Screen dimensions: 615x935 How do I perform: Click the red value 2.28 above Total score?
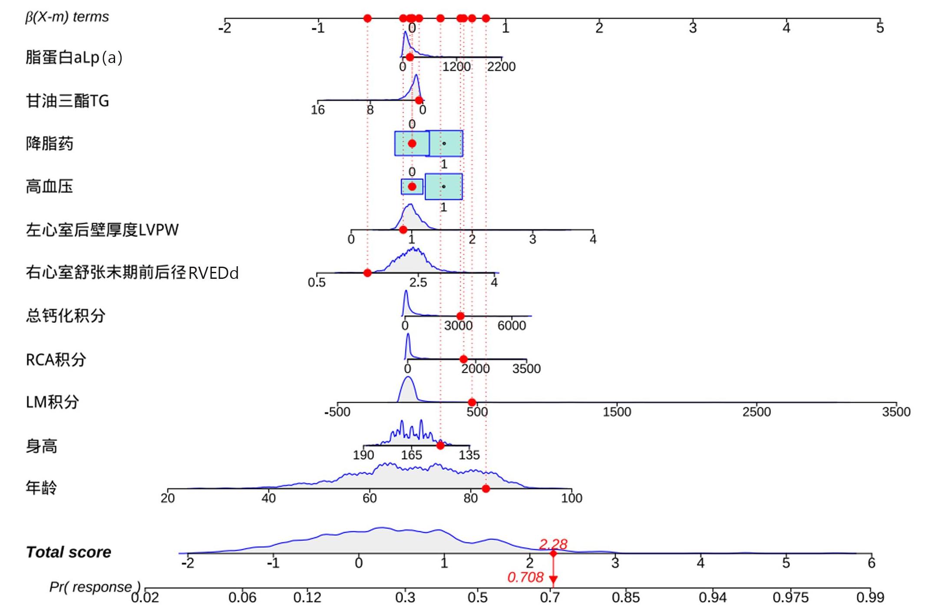[553, 544]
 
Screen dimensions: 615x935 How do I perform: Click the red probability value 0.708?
[525, 577]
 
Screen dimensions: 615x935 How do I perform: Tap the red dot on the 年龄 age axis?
[486, 489]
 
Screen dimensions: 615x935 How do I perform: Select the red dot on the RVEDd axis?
[367, 273]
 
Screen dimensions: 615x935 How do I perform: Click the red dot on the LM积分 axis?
[472, 402]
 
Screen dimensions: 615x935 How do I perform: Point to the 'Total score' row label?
[68, 552]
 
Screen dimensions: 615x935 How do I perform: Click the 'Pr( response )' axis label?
[94, 587]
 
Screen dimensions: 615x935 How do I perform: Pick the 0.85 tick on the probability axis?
[625, 598]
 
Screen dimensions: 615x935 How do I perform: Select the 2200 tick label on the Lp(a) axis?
[501, 66]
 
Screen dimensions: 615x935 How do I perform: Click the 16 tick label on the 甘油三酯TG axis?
[317, 109]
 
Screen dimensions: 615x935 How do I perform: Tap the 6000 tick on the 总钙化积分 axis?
[512, 325]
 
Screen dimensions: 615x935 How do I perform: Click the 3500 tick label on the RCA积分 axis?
[526, 369]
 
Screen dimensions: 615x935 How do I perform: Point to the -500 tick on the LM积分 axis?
[337, 412]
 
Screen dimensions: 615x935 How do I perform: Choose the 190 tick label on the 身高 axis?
[363, 455]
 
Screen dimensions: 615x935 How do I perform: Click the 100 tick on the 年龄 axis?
[572, 498]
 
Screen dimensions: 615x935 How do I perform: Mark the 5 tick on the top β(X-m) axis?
[880, 28]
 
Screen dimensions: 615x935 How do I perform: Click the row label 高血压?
[49, 187]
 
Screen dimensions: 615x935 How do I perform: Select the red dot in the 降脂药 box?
[412, 143]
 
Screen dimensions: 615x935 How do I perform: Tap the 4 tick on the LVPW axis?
[593, 239]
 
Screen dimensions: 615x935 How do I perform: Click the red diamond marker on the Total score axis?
[553, 553]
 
